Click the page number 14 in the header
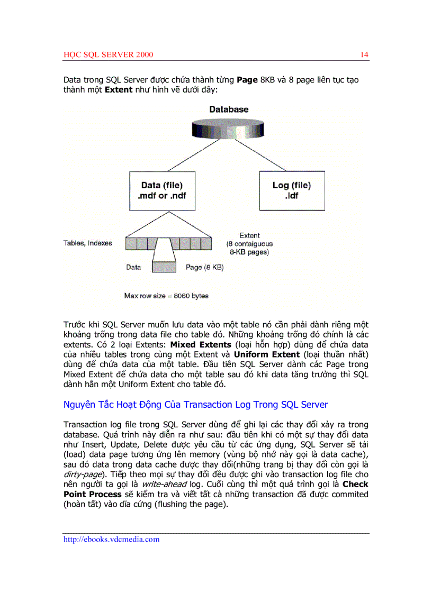(364, 55)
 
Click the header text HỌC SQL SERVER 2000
(109, 55)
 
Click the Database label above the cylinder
(229, 109)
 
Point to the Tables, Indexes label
(88, 243)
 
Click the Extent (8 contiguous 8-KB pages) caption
(249, 244)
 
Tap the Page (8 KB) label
(204, 268)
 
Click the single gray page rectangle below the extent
(164, 267)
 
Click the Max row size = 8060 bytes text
(166, 296)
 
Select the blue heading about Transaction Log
(195, 405)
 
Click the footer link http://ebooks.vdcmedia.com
(111, 540)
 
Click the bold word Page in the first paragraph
(247, 80)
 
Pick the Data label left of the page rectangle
(133, 268)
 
